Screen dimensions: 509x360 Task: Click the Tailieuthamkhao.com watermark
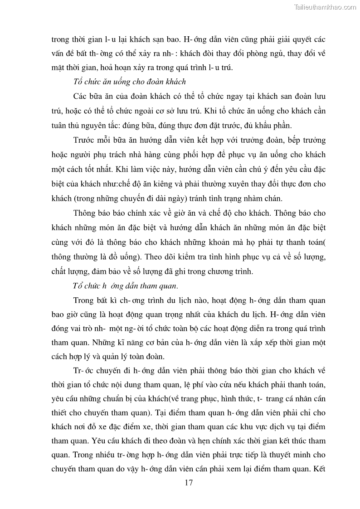click(326, 7)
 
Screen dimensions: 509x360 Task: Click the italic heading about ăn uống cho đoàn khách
click(129, 82)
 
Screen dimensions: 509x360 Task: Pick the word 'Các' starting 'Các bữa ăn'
click(79, 97)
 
